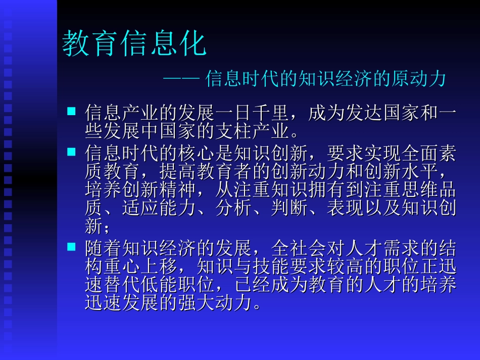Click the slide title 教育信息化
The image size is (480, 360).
[134, 44]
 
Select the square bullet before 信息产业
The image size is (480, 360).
[71, 110]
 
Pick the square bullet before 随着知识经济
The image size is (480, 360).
[71, 247]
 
